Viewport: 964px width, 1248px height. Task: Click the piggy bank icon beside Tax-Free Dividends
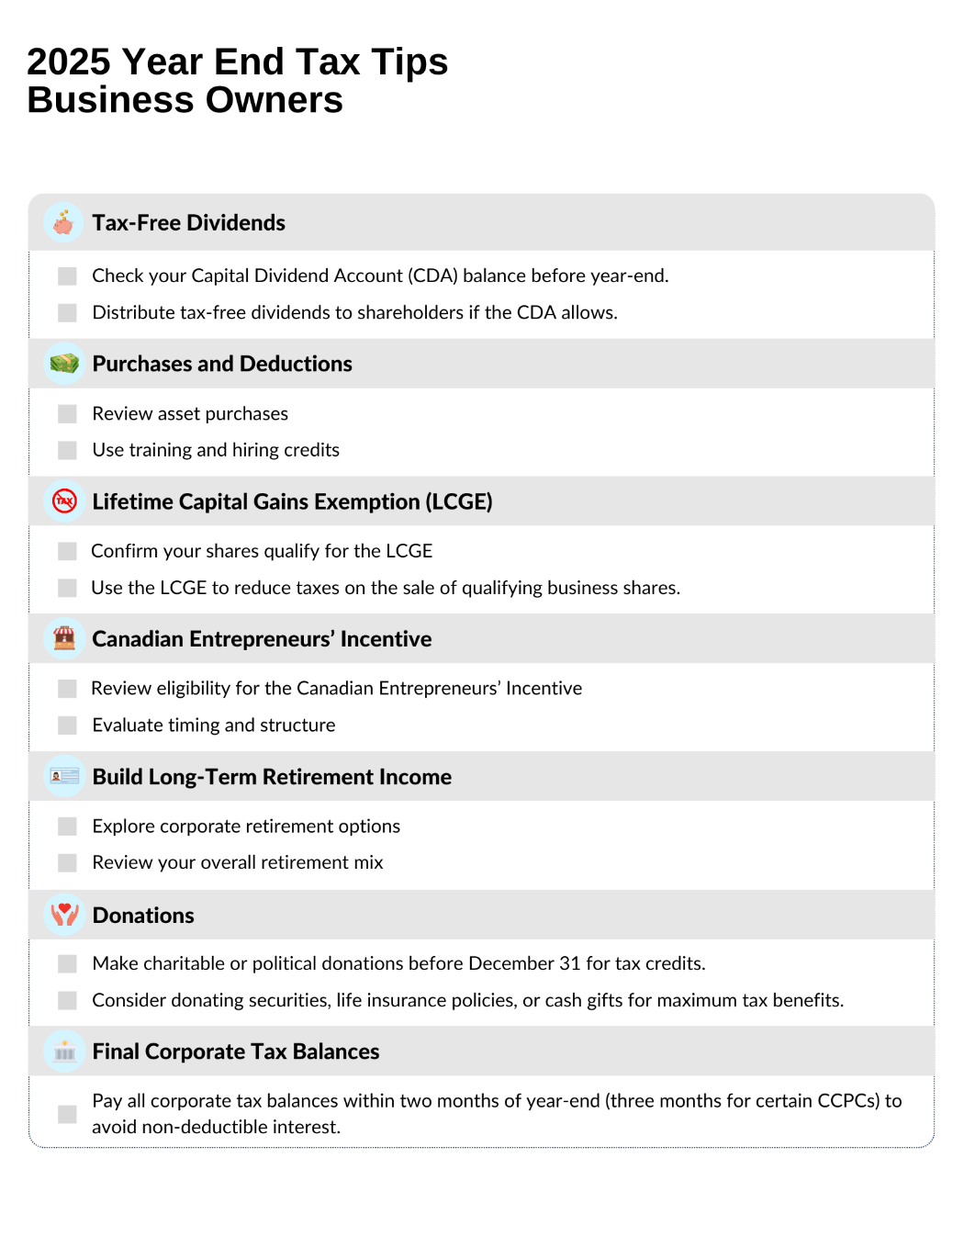(63, 222)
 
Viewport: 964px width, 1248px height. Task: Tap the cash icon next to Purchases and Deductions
(64, 364)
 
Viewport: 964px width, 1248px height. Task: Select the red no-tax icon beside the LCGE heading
(64, 501)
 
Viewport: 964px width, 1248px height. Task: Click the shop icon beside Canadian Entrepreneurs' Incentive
(64, 638)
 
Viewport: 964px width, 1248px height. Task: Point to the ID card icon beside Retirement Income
(64, 777)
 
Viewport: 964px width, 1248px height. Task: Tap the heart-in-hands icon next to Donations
(64, 915)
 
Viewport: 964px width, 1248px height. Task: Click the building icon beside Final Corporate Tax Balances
(64, 1051)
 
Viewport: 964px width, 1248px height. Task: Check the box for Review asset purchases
(67, 414)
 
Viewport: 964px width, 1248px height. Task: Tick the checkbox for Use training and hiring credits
(67, 450)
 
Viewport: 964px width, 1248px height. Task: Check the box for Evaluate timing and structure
(67, 725)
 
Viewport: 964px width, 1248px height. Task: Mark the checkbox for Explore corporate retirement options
(67, 826)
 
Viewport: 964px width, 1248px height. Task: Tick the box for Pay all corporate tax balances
(67, 1114)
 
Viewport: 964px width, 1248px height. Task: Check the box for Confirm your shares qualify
(67, 551)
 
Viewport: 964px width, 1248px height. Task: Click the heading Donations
(143, 916)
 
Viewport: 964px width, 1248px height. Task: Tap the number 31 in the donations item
(570, 963)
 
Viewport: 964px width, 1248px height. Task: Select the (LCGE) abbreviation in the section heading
(459, 501)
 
